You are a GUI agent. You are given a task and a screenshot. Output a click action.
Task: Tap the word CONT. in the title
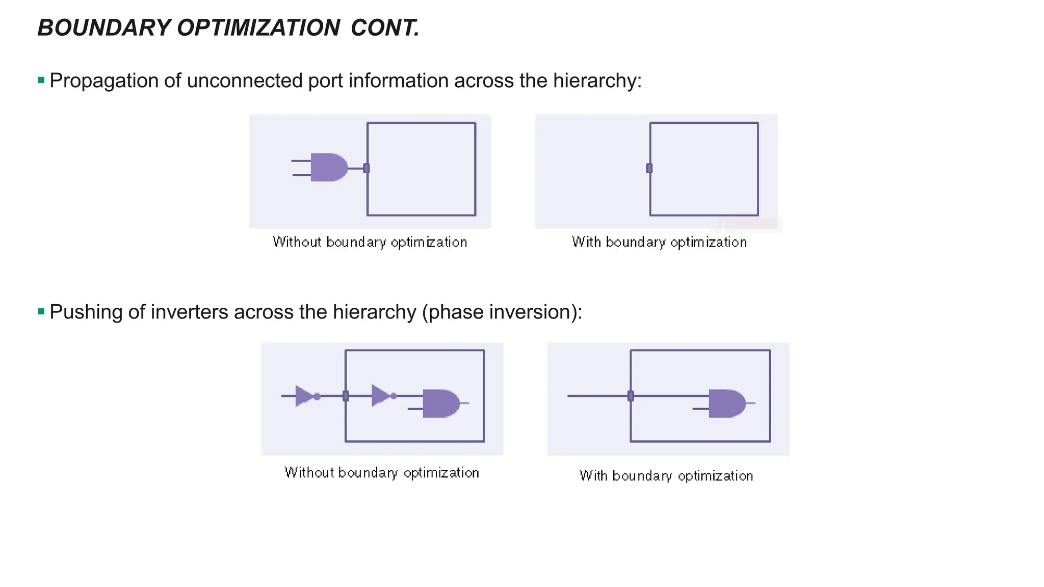385,28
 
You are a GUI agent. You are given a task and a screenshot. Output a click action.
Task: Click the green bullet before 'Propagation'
41,80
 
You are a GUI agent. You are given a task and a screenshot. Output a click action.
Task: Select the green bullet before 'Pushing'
41,311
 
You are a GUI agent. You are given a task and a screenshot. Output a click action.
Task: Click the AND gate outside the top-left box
328,167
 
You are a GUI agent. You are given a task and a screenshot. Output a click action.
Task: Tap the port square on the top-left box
366,168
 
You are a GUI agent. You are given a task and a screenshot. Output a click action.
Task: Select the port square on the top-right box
649,168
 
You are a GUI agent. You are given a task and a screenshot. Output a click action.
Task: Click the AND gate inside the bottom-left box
440,403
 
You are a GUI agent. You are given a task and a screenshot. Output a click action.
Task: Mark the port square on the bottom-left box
346,396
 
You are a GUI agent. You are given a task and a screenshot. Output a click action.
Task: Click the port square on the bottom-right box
631,396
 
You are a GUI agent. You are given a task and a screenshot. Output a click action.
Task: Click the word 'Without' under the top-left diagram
297,242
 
